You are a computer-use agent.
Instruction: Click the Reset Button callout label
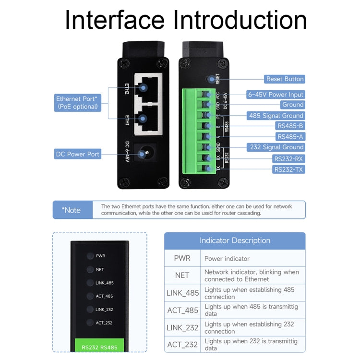click(x=284, y=79)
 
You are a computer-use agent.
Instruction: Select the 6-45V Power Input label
click(x=276, y=95)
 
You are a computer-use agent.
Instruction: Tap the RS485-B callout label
click(x=290, y=126)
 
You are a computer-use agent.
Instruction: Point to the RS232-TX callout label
click(x=288, y=169)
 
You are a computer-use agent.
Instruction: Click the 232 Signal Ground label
click(x=276, y=147)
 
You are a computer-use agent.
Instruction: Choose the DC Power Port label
click(x=77, y=154)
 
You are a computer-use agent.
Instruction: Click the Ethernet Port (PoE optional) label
click(x=77, y=103)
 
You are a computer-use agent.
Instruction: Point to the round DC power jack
click(x=142, y=154)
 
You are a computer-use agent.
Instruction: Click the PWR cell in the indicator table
click(x=182, y=258)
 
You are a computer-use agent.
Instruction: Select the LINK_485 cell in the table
click(x=182, y=293)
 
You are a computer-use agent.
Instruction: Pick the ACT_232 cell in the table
click(x=182, y=344)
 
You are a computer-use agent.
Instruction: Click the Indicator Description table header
click(x=235, y=240)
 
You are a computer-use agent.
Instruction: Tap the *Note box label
click(x=72, y=210)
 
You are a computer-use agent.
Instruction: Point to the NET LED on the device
click(x=90, y=270)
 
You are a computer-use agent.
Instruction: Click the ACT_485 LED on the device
click(x=90, y=296)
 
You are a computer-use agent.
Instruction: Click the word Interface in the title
click(x=116, y=20)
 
